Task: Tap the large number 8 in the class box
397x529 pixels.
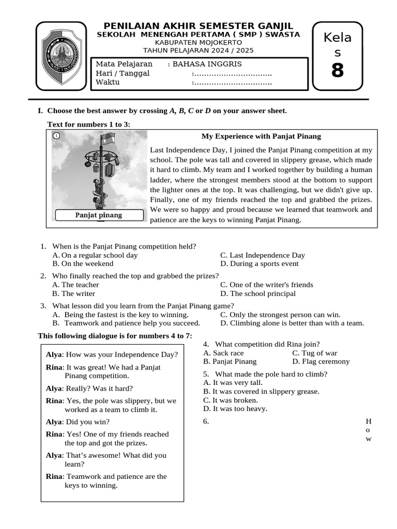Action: (x=337, y=70)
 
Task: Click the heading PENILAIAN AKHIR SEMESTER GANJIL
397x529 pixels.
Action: (x=198, y=26)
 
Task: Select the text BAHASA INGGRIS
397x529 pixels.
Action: (x=207, y=64)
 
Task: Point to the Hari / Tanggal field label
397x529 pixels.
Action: (x=123, y=73)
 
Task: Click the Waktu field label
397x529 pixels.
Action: (x=108, y=82)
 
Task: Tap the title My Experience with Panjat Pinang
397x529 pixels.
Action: (x=261, y=136)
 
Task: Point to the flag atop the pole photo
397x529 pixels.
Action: (x=107, y=138)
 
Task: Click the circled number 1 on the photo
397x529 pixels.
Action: (x=56, y=136)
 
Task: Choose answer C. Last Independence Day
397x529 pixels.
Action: (x=263, y=255)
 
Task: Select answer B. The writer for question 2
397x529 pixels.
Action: (x=74, y=293)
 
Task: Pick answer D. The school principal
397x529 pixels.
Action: (x=258, y=293)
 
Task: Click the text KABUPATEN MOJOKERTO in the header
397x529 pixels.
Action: (x=198, y=42)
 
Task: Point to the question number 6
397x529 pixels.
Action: (x=206, y=422)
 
